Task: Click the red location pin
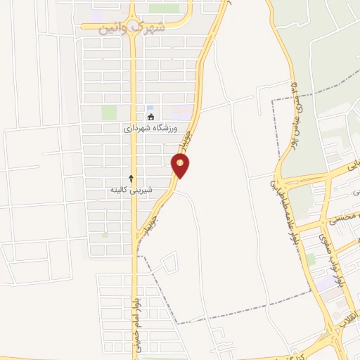point(181,166)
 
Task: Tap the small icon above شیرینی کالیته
point(131,179)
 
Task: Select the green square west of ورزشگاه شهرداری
point(109,113)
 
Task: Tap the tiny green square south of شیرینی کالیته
point(105,233)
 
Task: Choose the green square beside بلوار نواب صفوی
point(310,259)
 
